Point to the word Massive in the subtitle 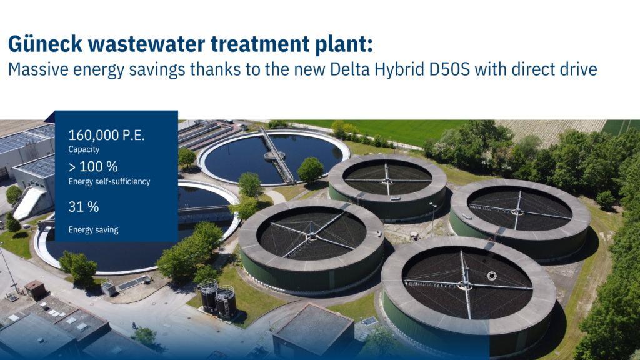tap(38, 69)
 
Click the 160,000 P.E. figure tap(106, 135)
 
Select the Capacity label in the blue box tap(84, 149)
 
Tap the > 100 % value tap(93, 166)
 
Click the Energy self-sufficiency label tap(109, 181)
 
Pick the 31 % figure tap(84, 207)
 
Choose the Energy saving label tap(93, 230)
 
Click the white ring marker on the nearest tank tap(492, 276)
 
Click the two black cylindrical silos tap(217, 299)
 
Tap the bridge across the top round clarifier tap(277, 155)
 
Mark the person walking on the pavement tap(134, 325)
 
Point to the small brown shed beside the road tap(35, 289)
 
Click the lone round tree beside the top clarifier tap(311, 169)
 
